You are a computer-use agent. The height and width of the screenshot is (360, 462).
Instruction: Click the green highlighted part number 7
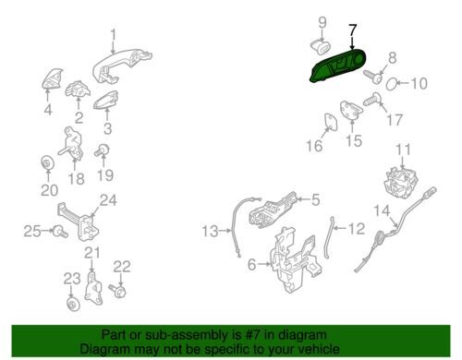(x=337, y=66)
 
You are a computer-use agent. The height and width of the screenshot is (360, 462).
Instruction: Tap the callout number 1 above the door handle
(x=114, y=35)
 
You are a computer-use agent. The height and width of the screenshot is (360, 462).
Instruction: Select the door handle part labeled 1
(x=122, y=66)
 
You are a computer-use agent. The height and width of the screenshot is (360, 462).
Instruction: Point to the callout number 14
(x=382, y=210)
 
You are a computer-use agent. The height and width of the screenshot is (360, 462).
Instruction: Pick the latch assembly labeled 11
(x=401, y=183)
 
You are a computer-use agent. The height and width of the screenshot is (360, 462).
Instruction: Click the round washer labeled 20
(x=48, y=162)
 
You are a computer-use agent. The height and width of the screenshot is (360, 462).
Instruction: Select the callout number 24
(x=108, y=200)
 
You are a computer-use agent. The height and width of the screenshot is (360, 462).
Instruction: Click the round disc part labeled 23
(x=73, y=304)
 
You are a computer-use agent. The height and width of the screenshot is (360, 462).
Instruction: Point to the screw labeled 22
(x=117, y=290)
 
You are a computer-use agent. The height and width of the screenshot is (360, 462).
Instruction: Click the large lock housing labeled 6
(x=296, y=260)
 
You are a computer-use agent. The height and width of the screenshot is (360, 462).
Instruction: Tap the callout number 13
(x=210, y=231)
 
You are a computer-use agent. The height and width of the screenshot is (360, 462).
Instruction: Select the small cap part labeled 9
(x=321, y=47)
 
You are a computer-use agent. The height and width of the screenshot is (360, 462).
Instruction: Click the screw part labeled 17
(x=371, y=100)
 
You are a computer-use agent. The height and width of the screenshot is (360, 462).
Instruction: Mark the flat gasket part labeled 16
(x=331, y=122)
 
